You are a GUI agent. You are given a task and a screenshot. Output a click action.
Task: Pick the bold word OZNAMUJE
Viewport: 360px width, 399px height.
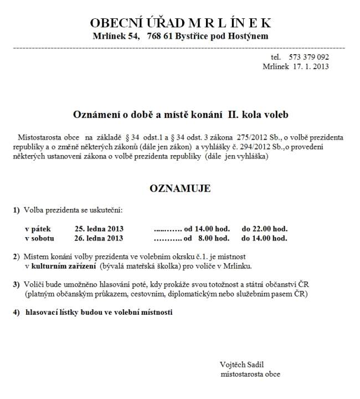[180, 188]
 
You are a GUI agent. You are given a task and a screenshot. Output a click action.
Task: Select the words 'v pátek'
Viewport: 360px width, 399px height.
[37, 228]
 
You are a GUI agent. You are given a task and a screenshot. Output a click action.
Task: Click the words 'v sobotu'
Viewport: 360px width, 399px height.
[39, 238]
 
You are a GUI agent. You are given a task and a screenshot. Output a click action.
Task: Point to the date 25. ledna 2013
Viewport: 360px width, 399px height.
[99, 228]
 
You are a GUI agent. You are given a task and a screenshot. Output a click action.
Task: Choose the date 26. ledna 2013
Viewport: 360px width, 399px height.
[99, 238]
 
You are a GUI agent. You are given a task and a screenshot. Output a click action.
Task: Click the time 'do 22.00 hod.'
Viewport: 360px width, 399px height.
[264, 228]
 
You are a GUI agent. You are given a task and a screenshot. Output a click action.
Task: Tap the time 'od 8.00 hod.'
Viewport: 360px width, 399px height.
[207, 238]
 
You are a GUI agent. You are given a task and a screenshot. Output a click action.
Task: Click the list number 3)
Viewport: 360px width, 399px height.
[17, 284]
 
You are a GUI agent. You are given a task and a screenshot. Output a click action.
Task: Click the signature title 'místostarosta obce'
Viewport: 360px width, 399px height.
[250, 374]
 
